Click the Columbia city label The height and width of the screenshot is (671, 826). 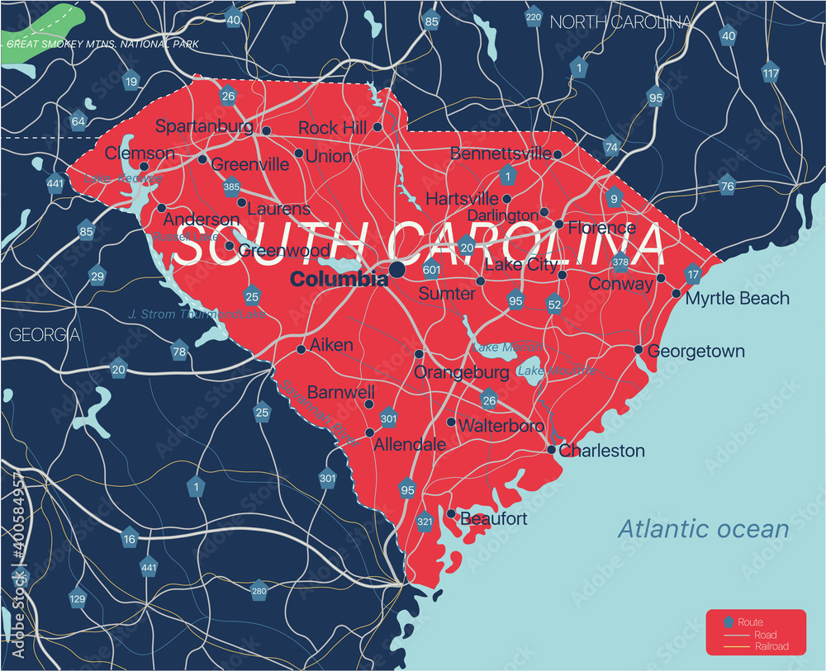(x=339, y=280)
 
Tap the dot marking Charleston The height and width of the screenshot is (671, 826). (x=552, y=450)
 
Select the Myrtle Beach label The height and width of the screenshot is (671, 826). (x=738, y=298)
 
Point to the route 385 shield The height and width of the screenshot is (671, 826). (x=231, y=187)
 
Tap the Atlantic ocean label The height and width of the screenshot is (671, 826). (x=704, y=528)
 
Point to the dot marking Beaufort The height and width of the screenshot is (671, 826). (x=451, y=513)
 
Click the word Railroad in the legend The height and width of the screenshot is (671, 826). (x=771, y=646)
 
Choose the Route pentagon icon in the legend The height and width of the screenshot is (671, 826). (x=727, y=622)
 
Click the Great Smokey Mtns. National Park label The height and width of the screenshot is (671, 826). (x=102, y=44)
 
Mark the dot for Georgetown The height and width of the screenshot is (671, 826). (x=638, y=350)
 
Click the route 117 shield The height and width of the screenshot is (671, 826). (x=770, y=73)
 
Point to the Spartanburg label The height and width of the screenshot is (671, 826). (x=204, y=126)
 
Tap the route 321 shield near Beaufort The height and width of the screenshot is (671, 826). (x=425, y=522)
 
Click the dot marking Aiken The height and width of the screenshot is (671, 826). (x=301, y=349)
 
